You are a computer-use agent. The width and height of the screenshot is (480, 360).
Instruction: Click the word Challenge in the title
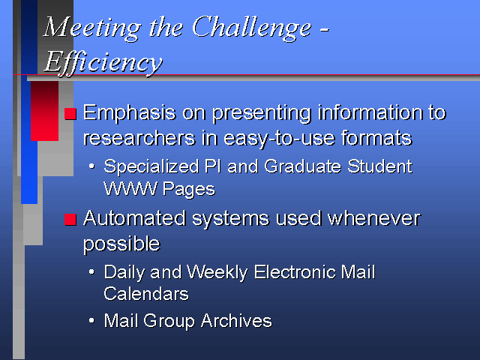[251, 28]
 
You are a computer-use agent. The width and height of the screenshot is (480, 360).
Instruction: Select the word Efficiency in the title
[103, 63]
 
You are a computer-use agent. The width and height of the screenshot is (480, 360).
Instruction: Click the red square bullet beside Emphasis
[70, 114]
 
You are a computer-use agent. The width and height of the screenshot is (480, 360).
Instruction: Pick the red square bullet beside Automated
[70, 220]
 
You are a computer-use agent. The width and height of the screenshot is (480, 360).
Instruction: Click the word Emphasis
[130, 114]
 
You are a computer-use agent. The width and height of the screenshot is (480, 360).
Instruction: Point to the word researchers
[139, 138]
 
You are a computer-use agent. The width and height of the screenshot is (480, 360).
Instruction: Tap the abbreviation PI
[212, 166]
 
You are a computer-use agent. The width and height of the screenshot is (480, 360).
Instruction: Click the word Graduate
[302, 166]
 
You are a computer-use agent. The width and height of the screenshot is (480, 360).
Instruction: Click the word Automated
[134, 218]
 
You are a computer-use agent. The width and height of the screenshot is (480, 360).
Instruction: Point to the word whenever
[373, 218]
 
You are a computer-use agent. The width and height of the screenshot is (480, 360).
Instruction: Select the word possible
[121, 244]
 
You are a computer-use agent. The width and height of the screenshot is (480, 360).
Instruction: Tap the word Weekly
[217, 273]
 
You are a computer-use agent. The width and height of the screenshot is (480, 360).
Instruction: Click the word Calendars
[146, 294]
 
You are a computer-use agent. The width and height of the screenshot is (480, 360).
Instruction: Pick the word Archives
[236, 321]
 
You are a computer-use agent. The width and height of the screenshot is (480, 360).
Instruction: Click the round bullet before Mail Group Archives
[91, 320]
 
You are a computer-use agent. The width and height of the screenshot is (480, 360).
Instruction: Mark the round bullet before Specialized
[91, 166]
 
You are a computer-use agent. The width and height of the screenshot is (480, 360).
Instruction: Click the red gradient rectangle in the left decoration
[45, 111]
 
